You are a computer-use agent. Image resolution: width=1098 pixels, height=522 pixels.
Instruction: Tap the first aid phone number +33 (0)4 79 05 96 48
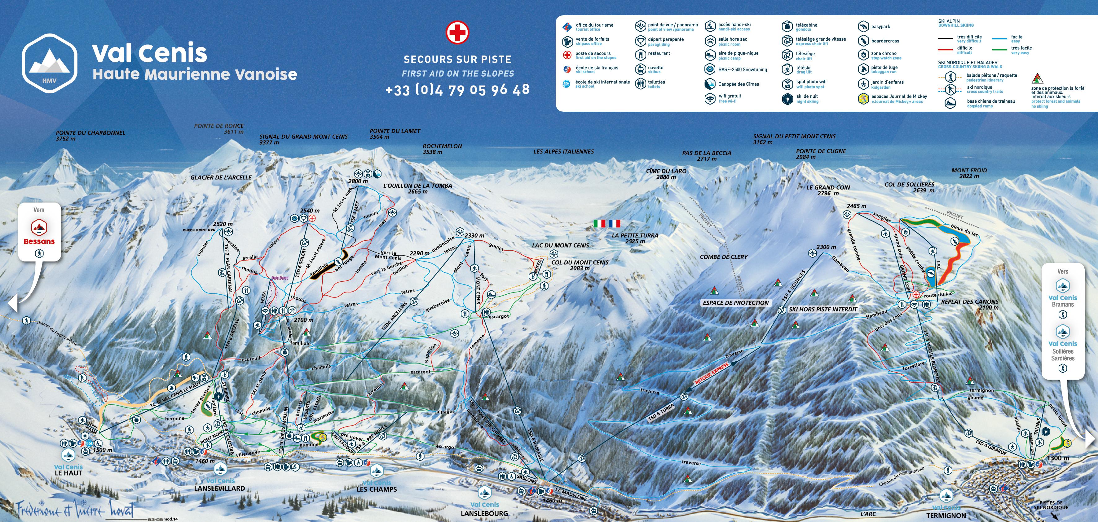click(457, 90)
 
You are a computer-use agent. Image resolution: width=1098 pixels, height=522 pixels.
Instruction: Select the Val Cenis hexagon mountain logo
click(50, 64)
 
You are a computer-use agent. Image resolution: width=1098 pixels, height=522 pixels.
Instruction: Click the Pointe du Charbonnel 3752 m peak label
click(90, 136)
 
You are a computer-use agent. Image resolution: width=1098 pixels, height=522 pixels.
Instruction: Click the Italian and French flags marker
click(607, 223)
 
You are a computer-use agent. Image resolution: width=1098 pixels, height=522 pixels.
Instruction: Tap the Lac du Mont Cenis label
click(560, 245)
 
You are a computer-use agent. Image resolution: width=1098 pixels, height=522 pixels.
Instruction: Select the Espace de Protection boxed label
click(735, 303)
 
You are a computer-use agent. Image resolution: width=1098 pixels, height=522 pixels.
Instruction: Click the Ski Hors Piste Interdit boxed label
click(822, 309)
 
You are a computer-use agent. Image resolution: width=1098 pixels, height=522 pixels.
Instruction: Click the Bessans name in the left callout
click(39, 241)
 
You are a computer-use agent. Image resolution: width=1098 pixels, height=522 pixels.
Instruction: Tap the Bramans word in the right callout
click(1063, 305)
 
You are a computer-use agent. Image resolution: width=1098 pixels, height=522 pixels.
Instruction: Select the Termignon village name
click(946, 515)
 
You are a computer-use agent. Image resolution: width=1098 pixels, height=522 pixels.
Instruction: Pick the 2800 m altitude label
click(358, 181)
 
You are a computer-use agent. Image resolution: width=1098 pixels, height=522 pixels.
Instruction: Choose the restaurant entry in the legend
click(659, 54)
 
